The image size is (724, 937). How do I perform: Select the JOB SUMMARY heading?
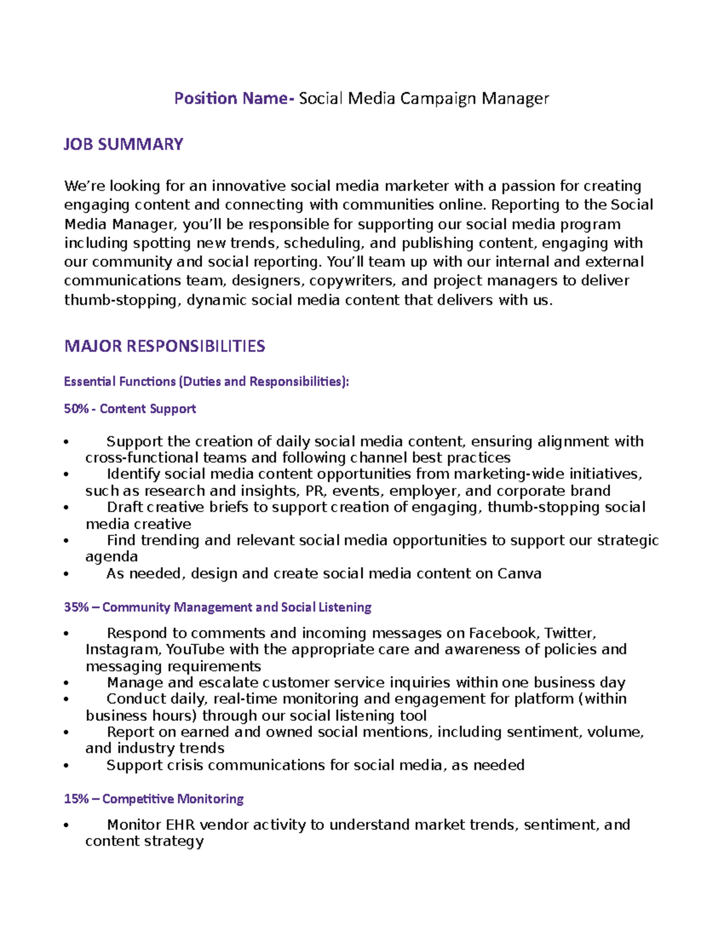123,144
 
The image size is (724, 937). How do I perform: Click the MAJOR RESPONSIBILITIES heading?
164,346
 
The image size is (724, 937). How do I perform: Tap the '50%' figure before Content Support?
76,408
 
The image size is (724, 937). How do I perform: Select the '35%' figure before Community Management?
76,607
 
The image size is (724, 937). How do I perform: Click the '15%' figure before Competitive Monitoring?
76,799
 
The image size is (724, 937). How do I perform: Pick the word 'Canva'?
519,573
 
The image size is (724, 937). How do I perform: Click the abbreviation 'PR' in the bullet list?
314,491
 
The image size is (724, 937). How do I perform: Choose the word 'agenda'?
112,557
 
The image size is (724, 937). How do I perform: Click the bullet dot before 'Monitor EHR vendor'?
66,825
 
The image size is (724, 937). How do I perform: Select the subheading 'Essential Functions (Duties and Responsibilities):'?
206,381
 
